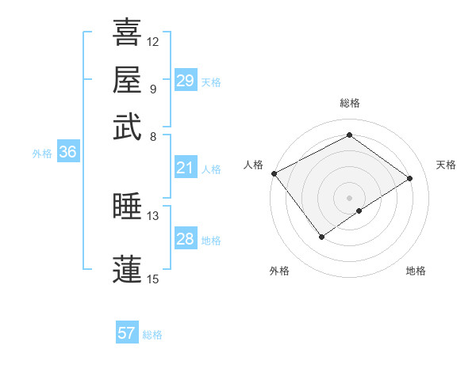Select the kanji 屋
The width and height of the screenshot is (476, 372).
[127, 79]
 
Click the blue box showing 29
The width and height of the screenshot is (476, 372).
[186, 81]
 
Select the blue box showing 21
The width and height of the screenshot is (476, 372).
[186, 168]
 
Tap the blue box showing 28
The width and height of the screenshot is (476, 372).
[186, 239]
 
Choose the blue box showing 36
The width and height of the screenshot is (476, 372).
[67, 153]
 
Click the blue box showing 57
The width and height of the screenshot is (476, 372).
[127, 333]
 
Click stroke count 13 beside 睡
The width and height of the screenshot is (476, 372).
[153, 215]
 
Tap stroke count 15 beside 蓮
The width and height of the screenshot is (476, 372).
[153, 279]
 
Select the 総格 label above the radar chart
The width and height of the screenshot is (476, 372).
[349, 103]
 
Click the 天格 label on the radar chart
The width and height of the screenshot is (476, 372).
[446, 165]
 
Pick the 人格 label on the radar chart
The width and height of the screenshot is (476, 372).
[253, 165]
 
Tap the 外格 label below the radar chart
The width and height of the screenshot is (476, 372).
[279, 271]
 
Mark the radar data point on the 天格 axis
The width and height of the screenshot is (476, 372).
[410, 178]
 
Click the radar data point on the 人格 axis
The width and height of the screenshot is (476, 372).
[274, 173]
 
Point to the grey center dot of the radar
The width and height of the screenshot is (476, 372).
[349, 197]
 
